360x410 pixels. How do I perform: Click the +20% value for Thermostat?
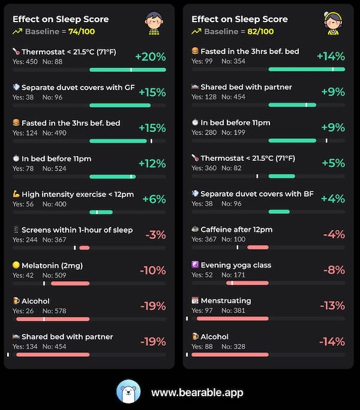(x=150, y=57)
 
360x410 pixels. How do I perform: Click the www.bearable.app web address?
(x=197, y=393)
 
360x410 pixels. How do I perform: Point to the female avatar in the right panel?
(x=332, y=23)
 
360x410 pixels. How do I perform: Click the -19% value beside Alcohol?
(x=153, y=306)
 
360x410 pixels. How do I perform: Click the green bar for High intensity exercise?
(x=101, y=212)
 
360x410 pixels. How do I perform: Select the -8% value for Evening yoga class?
(x=334, y=270)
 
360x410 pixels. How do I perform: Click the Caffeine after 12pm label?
(x=236, y=229)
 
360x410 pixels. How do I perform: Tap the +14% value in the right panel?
(x=331, y=56)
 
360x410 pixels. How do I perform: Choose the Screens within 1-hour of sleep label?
(x=77, y=230)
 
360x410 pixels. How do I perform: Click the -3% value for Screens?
(x=155, y=235)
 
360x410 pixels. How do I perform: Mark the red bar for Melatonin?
(x=70, y=283)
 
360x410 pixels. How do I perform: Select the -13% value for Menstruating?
(x=332, y=306)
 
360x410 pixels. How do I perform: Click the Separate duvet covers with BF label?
(x=257, y=194)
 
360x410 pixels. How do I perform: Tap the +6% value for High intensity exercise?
(x=154, y=199)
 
